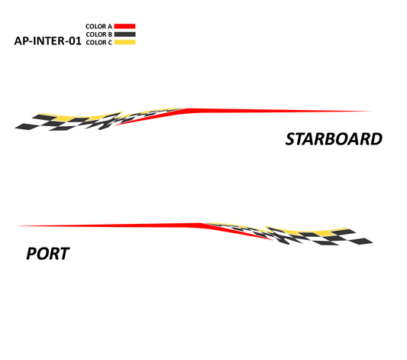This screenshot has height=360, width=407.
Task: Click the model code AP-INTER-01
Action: (x=48, y=41)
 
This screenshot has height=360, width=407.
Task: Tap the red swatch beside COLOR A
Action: (x=124, y=26)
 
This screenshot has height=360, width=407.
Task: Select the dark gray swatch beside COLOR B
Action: (x=125, y=34)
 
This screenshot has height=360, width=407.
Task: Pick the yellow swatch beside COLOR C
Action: (x=125, y=42)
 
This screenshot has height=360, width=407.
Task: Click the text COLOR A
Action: (x=99, y=27)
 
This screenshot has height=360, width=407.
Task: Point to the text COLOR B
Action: (x=99, y=34)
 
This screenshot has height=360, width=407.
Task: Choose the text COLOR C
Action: (x=99, y=43)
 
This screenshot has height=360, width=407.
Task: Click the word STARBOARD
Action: (x=334, y=139)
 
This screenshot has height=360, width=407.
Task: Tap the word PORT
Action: (x=48, y=254)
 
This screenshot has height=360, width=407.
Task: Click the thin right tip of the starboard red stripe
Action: (x=372, y=111)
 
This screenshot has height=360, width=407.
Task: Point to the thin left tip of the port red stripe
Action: (x=17, y=225)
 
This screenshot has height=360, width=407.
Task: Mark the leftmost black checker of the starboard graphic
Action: (x=27, y=126)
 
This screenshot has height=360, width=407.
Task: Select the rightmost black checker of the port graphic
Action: (x=361, y=242)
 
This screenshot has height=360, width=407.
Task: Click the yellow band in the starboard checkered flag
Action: (x=78, y=118)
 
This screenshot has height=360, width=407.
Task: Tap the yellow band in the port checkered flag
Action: (x=312, y=232)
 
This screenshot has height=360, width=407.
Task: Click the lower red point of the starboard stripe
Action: (x=115, y=125)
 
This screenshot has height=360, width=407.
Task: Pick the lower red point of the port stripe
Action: (x=273, y=240)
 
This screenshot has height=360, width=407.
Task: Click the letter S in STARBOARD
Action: (x=291, y=139)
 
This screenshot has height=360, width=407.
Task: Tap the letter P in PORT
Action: (x=31, y=254)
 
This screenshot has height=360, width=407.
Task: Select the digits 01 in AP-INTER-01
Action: (x=76, y=41)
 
